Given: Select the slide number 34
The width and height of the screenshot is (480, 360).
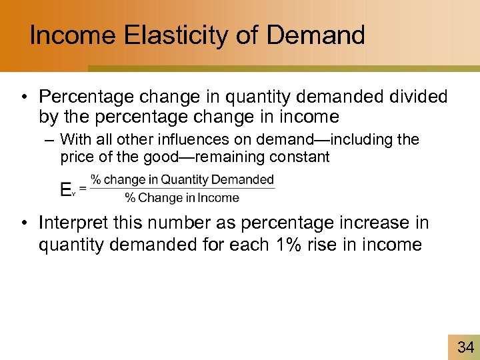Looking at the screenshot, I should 465,346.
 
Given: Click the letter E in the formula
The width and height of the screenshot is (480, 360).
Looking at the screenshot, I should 65,190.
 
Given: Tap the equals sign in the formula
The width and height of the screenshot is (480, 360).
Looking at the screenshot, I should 83,189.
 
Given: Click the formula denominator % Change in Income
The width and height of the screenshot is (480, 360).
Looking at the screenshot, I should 182,197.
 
